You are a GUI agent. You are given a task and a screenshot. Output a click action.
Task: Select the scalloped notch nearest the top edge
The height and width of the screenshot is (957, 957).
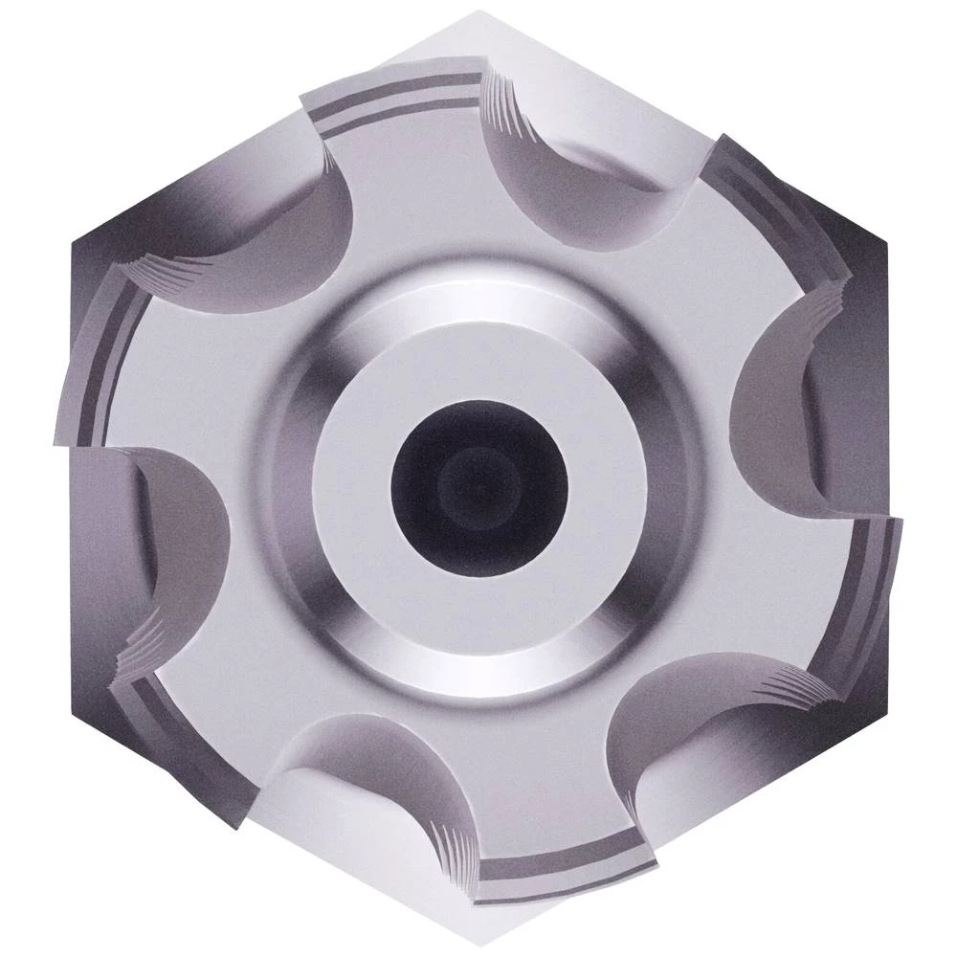point(565,163)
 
